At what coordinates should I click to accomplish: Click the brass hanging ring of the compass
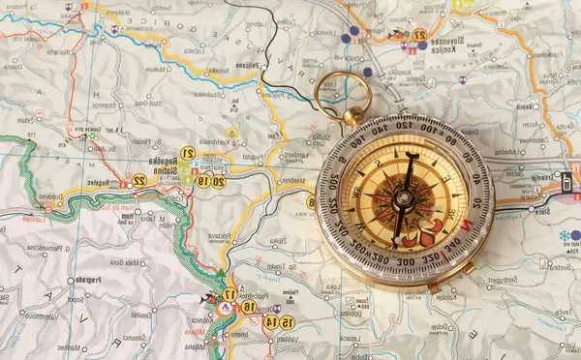[x=343, y=95]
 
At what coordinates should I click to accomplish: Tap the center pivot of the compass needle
[x=404, y=196]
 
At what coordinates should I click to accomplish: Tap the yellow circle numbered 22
[x=139, y=181]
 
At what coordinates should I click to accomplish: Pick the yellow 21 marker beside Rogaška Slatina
[x=189, y=153]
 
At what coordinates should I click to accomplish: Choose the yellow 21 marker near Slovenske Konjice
[x=419, y=35]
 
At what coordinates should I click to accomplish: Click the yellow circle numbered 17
[x=229, y=294]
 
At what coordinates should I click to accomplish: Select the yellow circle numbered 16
[x=249, y=306]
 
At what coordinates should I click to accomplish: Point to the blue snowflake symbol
[x=564, y=235]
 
